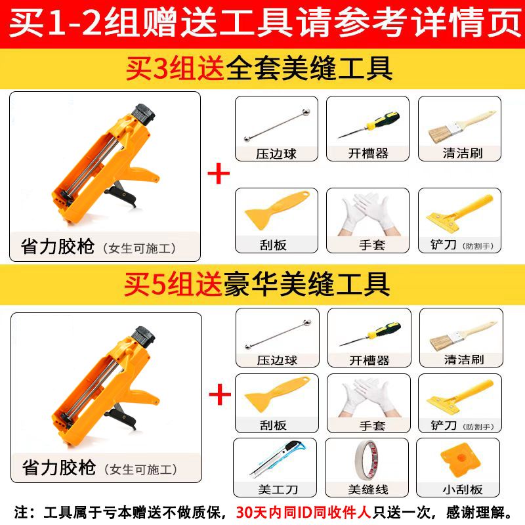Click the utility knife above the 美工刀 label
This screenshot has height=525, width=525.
pos(278,459)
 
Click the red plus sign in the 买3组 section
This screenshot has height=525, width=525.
pos(219,173)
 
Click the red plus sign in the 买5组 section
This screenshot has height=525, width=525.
pos(220,394)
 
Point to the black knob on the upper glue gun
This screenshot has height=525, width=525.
pos(143,114)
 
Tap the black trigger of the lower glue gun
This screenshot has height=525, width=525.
pos(121,418)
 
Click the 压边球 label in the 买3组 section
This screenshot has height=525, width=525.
pos(276,154)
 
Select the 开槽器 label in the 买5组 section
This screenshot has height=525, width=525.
pos(369,360)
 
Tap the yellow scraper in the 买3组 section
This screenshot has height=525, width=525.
pos(277,210)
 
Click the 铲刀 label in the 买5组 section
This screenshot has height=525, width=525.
pos(444,425)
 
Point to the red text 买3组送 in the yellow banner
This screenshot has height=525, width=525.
pos(175,69)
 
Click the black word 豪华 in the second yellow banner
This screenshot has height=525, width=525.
pos(251,284)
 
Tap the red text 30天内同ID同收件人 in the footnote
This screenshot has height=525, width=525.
pos(303,513)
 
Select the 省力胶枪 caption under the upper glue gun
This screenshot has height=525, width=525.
pos(58,247)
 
